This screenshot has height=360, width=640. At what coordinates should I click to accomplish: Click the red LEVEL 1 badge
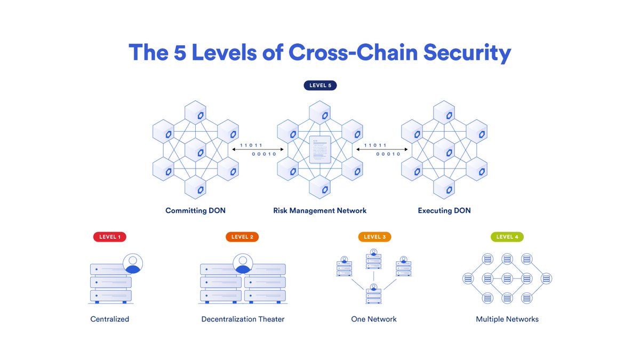[x=109, y=237]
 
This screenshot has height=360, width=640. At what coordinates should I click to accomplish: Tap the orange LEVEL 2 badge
[x=242, y=237]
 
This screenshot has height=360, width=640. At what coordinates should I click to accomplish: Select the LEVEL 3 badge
[x=375, y=237]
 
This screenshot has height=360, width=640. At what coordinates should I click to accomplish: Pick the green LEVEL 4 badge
[x=507, y=237]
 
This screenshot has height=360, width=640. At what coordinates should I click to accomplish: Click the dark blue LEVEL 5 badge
[x=320, y=85]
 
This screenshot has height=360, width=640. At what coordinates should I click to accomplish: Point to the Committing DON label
[x=195, y=211]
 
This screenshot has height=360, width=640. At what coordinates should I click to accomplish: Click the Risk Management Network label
[x=320, y=211]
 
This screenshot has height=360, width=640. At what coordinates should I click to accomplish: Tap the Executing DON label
[x=444, y=211]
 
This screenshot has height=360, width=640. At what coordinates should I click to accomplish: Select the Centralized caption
[x=109, y=319]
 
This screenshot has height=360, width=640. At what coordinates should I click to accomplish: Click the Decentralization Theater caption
[x=243, y=319]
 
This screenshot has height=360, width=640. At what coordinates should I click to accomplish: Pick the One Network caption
[x=374, y=319]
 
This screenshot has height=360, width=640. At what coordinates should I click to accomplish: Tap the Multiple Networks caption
[x=507, y=319]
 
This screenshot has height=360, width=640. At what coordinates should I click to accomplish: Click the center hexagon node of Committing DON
[x=195, y=151]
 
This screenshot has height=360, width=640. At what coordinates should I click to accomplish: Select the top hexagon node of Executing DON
[x=444, y=113]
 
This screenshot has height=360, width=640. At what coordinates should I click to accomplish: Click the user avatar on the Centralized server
[x=133, y=263]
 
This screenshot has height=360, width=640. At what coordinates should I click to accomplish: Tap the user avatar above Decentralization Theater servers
[x=243, y=263]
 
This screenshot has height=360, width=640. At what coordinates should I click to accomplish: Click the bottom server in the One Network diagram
[x=374, y=294]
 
